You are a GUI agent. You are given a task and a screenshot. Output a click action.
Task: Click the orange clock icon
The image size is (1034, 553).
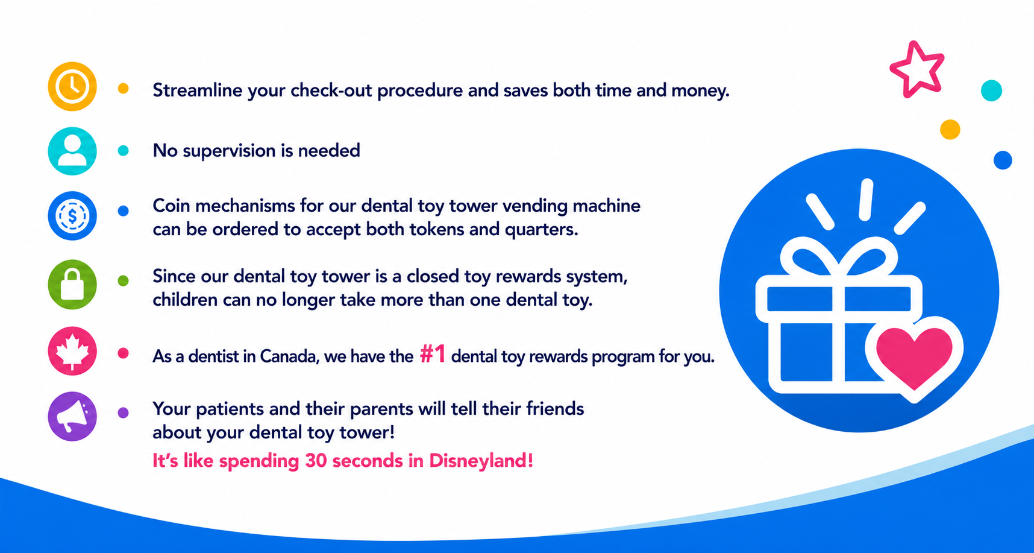click(72, 86)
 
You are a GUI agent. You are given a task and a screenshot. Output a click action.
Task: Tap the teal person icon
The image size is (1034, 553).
click(72, 151)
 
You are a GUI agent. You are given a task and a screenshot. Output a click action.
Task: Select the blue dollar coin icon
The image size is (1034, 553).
click(72, 216)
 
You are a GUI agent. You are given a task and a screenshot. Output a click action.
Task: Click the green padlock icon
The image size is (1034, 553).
click(72, 285)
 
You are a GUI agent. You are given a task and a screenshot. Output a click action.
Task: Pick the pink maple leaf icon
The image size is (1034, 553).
click(72, 351)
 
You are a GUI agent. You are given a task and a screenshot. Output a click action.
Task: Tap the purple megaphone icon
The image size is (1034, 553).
click(72, 416)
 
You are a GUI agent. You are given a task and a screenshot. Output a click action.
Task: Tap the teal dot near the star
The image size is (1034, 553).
click(991, 90)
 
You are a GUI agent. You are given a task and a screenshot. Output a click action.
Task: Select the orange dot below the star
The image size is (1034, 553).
click(950, 130)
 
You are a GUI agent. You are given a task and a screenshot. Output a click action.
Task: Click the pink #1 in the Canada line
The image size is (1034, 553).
click(433, 355)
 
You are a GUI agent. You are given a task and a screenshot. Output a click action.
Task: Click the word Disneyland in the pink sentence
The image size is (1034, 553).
click(481, 461)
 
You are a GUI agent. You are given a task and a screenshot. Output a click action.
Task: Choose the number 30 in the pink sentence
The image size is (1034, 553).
click(316, 461)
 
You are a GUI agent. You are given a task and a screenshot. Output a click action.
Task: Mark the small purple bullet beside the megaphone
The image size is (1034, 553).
click(123, 413)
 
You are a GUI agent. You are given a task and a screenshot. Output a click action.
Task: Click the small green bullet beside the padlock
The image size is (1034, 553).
click(123, 280)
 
